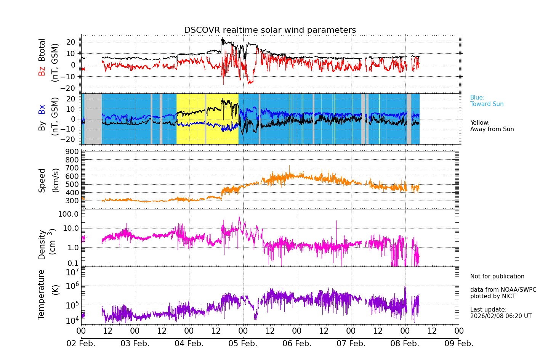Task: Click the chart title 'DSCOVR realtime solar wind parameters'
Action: click(x=270, y=30)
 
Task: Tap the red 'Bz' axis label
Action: click(x=42, y=71)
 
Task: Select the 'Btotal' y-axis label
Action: click(x=42, y=50)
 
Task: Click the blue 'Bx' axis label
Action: click(x=42, y=109)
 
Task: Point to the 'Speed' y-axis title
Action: click(x=42, y=180)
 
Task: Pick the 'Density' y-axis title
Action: click(x=42, y=244)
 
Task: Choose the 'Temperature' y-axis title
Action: click(x=42, y=294)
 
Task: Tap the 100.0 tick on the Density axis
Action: click(x=69, y=214)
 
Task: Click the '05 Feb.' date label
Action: click(x=243, y=344)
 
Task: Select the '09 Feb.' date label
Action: click(x=459, y=344)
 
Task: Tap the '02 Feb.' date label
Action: click(x=81, y=344)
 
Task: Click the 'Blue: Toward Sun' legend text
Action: click(x=487, y=101)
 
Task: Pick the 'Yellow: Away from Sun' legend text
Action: click(x=492, y=126)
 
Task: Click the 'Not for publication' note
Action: click(x=497, y=276)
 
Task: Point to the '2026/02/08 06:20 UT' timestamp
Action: click(x=501, y=316)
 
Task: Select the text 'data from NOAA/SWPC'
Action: click(x=503, y=290)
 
